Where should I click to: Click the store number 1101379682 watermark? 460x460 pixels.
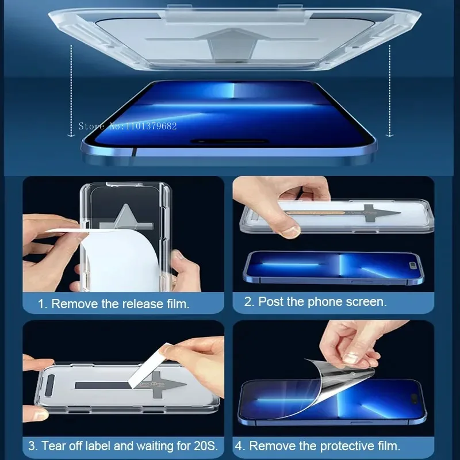click(127, 126)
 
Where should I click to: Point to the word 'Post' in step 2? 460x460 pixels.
click(270, 301)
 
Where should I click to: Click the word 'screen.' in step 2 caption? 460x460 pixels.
click(366, 301)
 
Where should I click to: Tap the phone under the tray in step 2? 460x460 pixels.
click(333, 268)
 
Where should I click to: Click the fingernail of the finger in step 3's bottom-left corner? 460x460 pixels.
click(40, 415)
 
